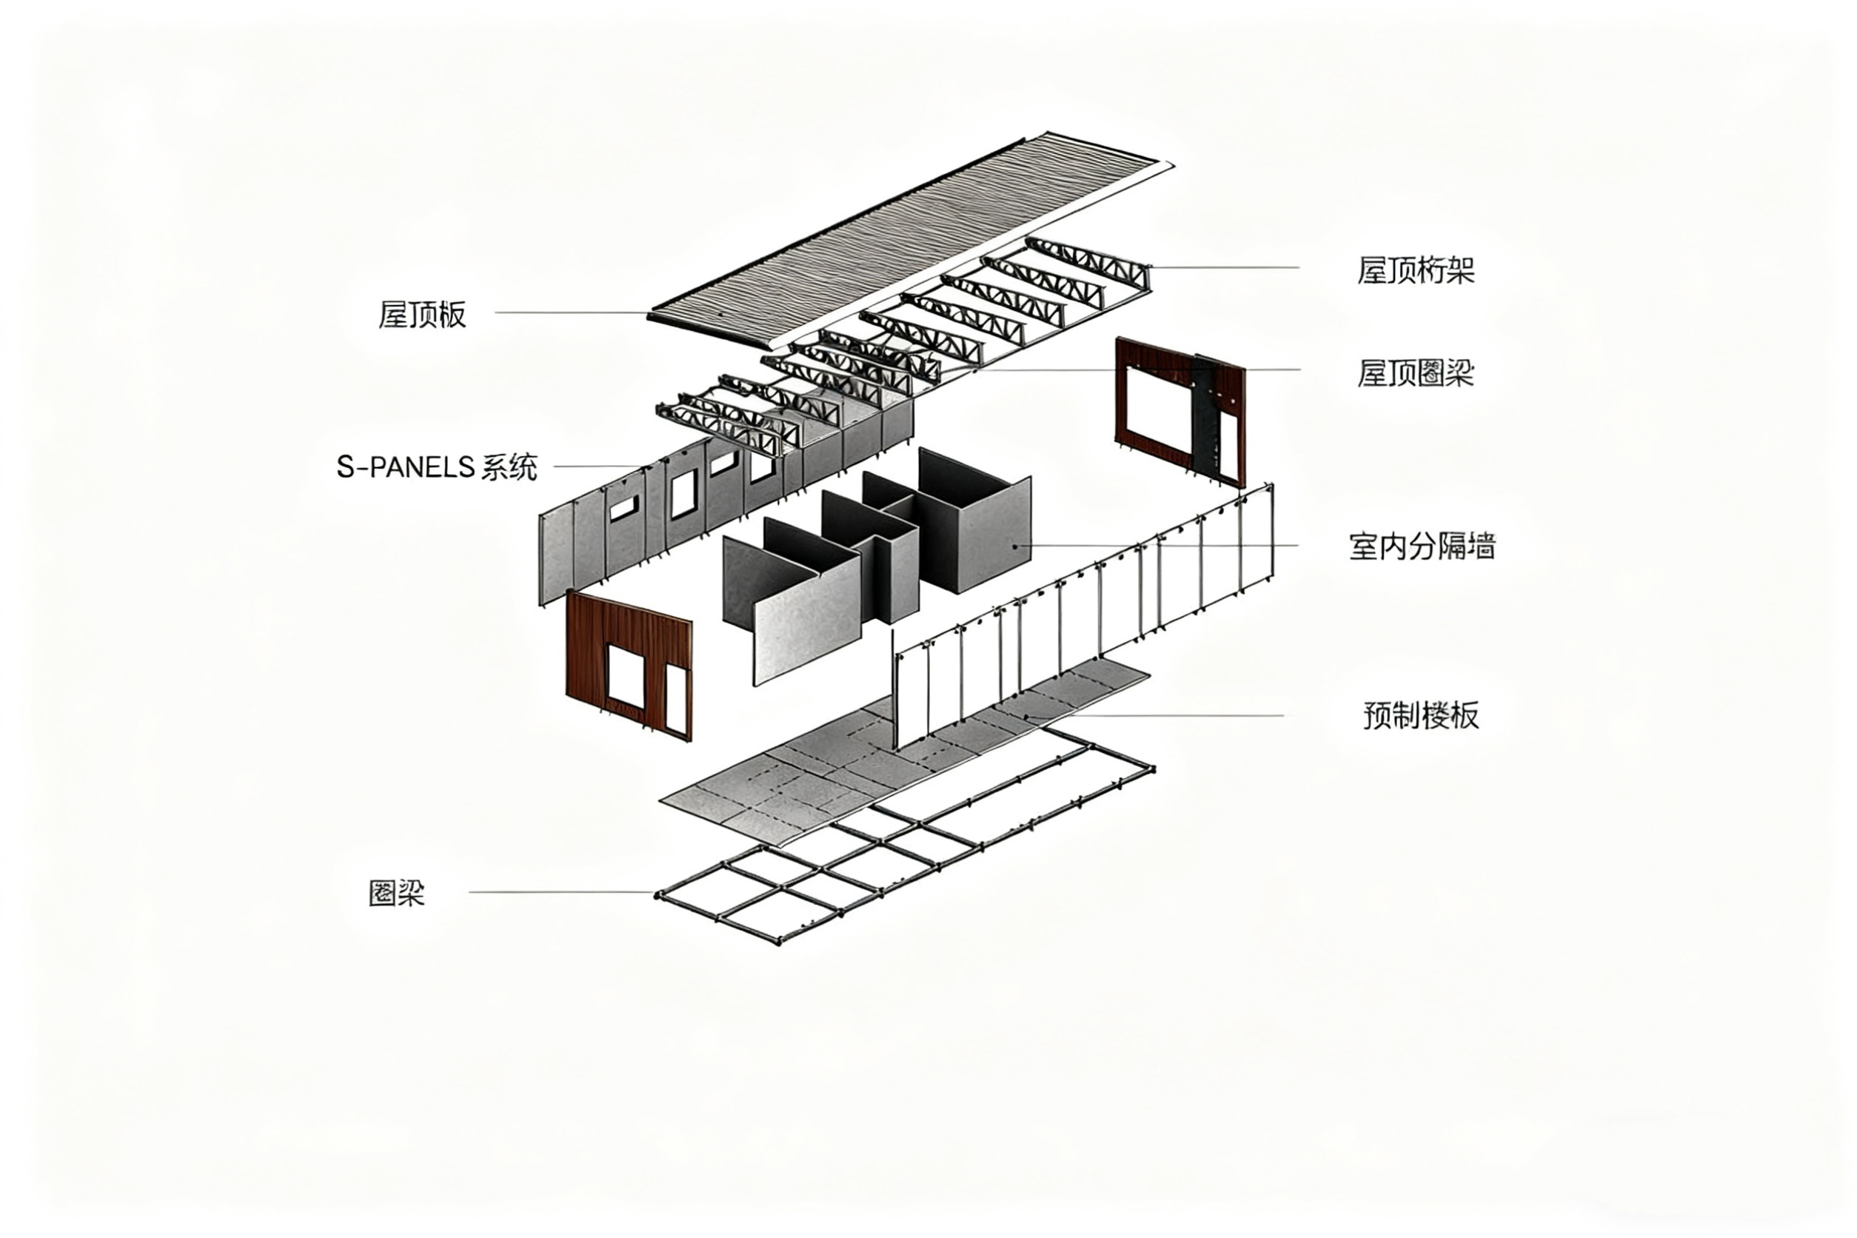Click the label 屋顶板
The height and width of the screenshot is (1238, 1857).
422,314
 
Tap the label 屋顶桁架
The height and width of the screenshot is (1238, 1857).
1415,271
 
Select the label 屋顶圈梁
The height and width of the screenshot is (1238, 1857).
1415,372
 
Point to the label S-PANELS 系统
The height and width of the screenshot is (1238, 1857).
437,467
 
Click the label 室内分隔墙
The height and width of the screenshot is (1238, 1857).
1421,546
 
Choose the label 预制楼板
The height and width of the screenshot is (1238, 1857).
1420,715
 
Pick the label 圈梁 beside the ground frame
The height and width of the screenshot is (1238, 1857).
396,894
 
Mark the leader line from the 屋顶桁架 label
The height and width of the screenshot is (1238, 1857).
1224,267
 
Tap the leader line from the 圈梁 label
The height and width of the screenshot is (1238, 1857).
561,892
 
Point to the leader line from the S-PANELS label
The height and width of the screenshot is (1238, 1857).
600,466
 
